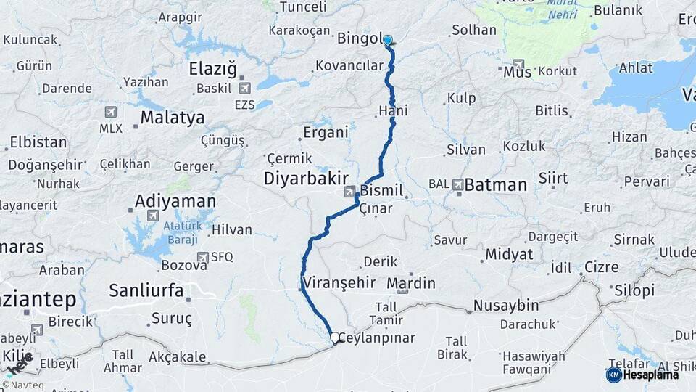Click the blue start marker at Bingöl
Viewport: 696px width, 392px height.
tap(387, 41)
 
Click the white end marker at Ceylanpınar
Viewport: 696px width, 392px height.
tap(335, 338)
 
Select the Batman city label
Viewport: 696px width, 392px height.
tap(495, 185)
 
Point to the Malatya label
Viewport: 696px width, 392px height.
tap(172, 117)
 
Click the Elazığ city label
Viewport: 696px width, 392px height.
tap(212, 70)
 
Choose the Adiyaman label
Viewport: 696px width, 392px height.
tap(175, 201)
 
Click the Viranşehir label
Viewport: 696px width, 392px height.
tap(339, 282)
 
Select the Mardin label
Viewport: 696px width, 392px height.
tap(411, 283)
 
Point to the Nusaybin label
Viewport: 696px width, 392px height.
tap(506, 305)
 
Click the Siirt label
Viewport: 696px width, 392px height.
tap(552, 178)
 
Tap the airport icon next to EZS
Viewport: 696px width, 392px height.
tap(244, 88)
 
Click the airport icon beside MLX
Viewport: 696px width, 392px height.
tap(111, 112)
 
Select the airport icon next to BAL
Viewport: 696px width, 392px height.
tap(457, 185)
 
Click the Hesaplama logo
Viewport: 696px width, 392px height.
tap(642, 375)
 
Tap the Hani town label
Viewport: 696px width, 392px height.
tap(393, 110)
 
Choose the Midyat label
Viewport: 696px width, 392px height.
tap(509, 254)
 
